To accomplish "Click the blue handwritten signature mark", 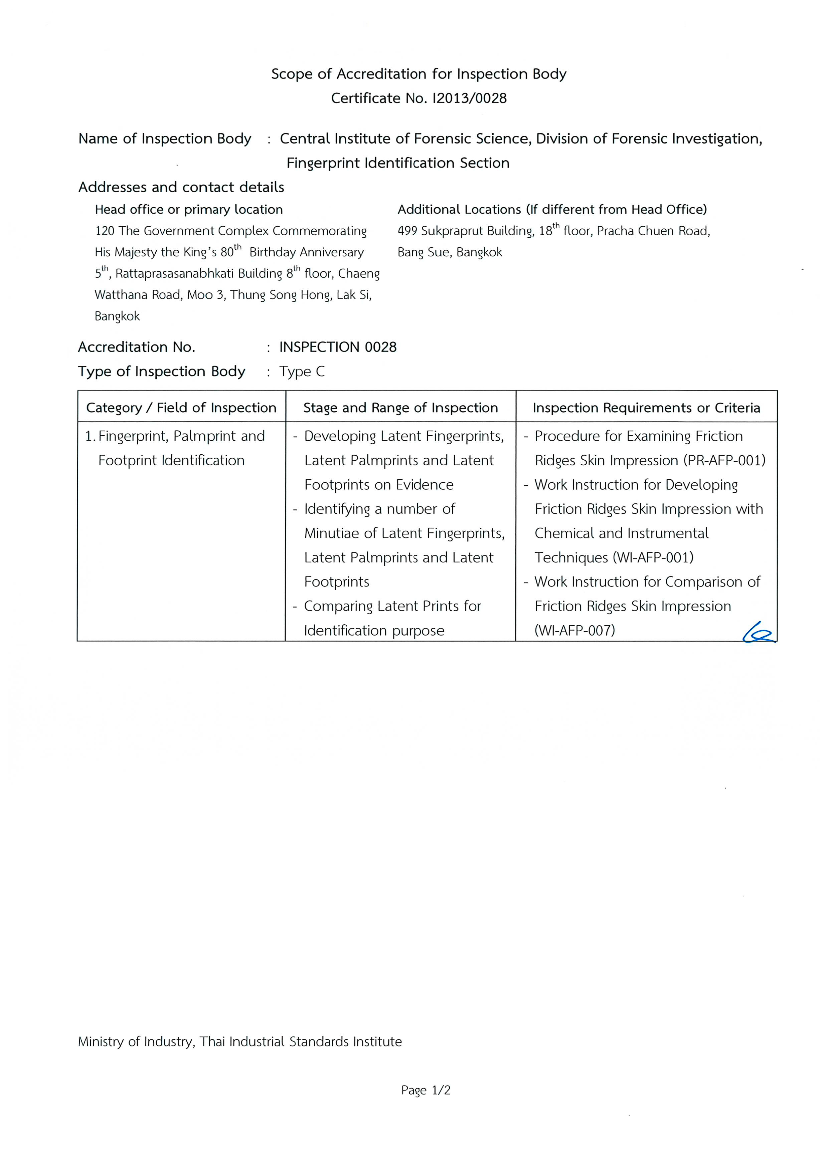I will pyautogui.click(x=758, y=634).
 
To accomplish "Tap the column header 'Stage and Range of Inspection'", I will pyautogui.click(x=400, y=408).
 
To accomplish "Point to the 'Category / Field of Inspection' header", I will pyautogui.click(x=181, y=408).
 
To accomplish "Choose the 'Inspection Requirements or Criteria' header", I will pyautogui.click(x=646, y=408).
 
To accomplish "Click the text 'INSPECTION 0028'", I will pyautogui.click(x=338, y=347).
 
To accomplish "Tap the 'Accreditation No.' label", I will pyautogui.click(x=137, y=347).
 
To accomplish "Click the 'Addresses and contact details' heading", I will pyautogui.click(x=181, y=187).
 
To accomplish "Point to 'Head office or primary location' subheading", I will pyautogui.click(x=189, y=210).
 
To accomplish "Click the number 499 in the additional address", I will pyautogui.click(x=407, y=231).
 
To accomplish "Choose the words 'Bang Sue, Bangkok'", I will pyautogui.click(x=450, y=252).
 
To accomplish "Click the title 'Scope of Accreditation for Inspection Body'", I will pyautogui.click(x=418, y=74).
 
